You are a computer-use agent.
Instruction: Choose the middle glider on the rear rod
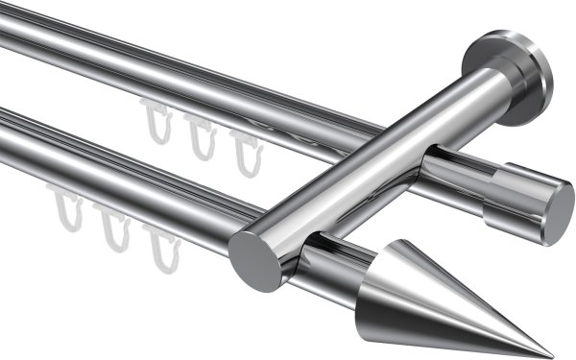tap(200, 136)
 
